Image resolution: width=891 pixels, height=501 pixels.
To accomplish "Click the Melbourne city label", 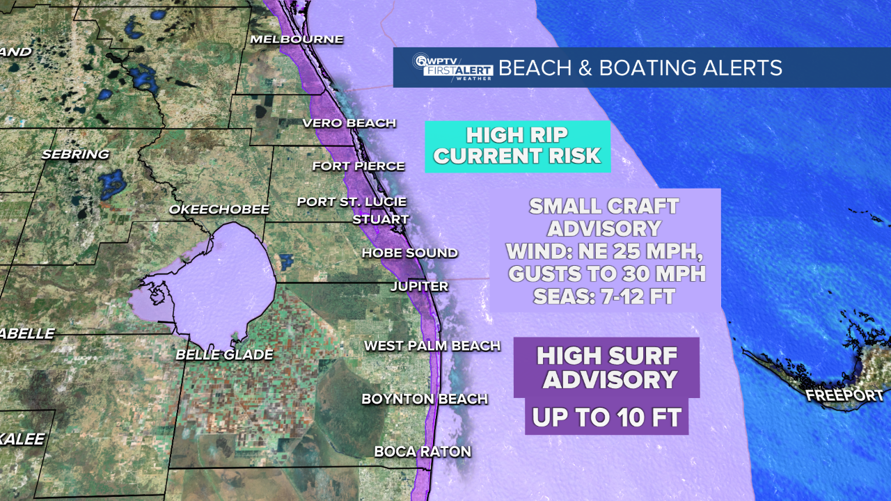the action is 297,39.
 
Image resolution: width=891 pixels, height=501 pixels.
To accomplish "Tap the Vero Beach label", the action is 349,123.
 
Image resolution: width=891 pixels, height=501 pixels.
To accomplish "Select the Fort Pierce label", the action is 358,166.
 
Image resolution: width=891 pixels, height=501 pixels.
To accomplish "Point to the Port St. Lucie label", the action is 351,202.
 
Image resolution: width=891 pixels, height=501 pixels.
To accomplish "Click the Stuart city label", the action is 381,219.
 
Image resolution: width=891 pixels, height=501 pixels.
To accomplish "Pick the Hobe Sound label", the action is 409,253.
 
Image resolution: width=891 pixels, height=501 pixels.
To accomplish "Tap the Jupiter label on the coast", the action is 419,286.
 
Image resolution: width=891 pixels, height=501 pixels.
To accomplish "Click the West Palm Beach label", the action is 432,345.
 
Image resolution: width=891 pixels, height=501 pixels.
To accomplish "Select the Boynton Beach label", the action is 424,399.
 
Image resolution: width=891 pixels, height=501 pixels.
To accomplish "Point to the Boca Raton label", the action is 423,451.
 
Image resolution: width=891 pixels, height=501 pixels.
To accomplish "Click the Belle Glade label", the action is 224,354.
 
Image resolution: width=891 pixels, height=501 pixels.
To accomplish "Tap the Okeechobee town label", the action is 219,209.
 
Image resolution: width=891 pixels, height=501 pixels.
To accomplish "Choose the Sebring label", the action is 75,154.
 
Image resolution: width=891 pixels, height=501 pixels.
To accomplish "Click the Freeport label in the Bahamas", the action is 844,395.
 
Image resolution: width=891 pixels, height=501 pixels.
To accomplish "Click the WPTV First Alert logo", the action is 452,67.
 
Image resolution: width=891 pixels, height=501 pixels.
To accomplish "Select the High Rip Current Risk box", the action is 517,146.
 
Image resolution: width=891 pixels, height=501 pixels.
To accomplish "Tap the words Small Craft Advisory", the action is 604,216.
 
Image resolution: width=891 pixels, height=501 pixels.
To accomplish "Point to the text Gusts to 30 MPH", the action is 607,273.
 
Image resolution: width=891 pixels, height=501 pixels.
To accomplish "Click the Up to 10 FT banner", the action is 606,417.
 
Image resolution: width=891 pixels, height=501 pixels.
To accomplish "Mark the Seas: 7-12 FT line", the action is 604,296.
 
